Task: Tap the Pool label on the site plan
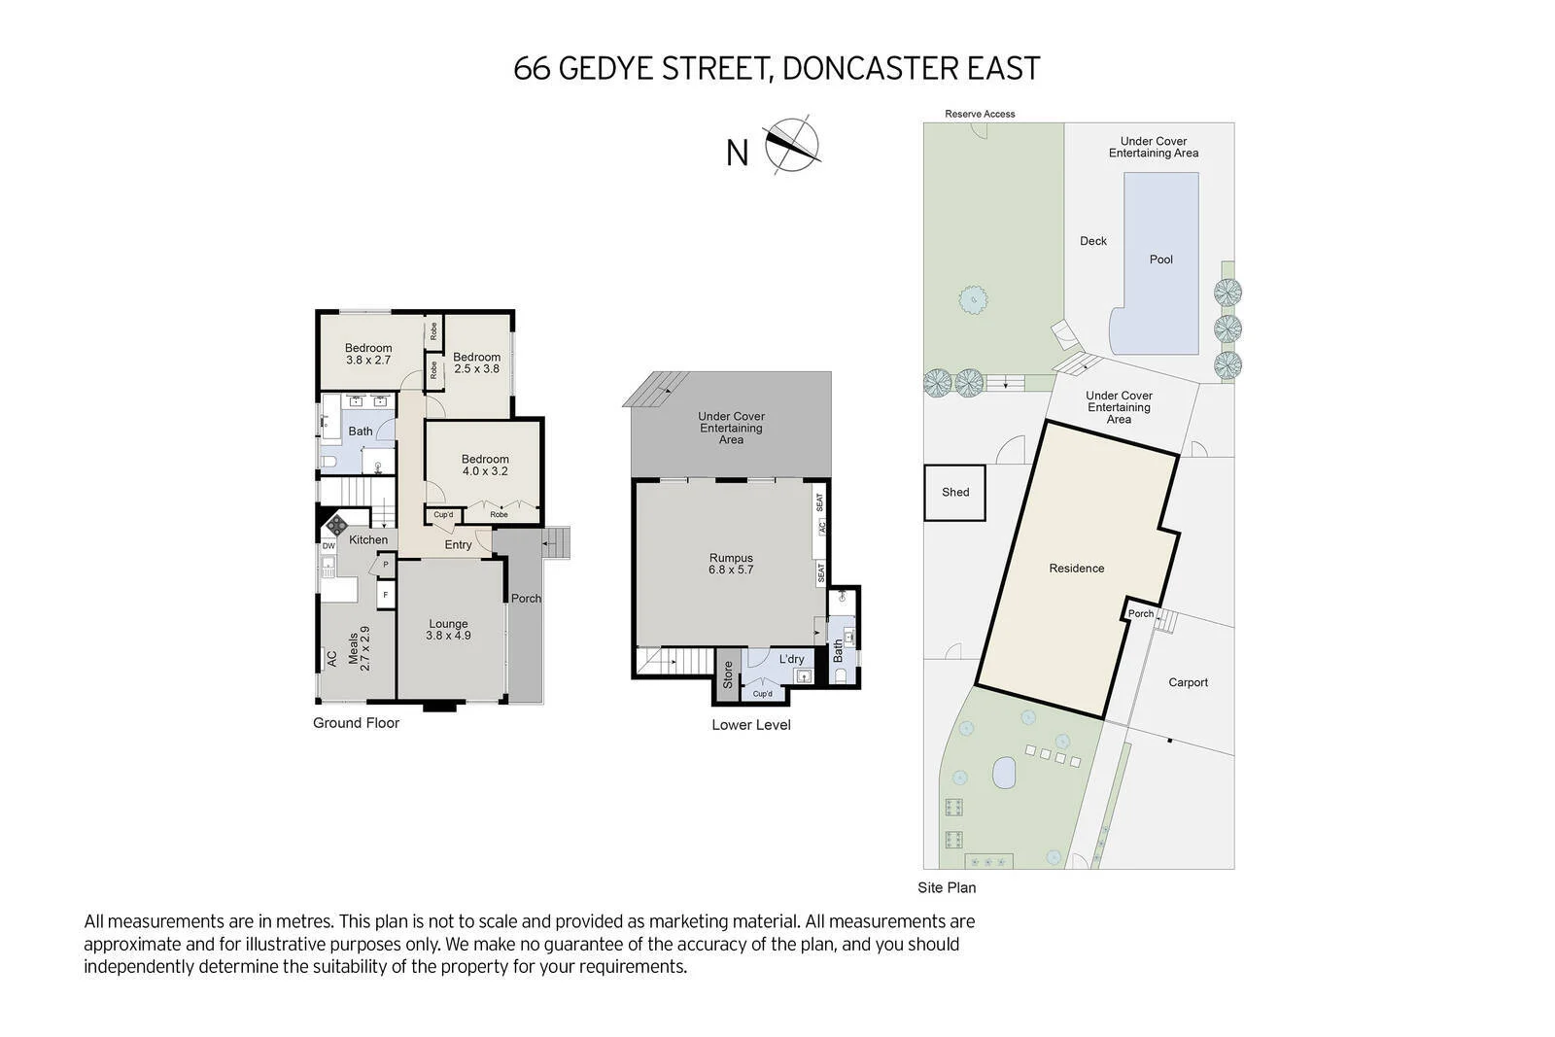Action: pos(1160,259)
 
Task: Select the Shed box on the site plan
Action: pos(954,492)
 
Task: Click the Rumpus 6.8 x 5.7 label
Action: pos(731,564)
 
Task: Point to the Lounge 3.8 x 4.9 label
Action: pos(448,630)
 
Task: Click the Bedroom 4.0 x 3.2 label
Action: pos(485,465)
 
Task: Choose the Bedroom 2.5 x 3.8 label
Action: pos(476,363)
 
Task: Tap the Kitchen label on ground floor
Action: pos(368,539)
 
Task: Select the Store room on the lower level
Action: pos(728,674)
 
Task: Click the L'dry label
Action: pos(791,659)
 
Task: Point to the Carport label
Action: pos(1188,682)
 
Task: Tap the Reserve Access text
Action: pos(980,114)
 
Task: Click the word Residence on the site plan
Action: pos(1076,569)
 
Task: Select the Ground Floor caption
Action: pos(356,723)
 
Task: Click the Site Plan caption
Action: pos(946,887)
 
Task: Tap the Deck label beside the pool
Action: pos(1092,241)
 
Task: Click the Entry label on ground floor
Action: pos(458,544)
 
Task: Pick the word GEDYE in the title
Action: pos(612,68)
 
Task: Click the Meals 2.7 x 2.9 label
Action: pos(359,647)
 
